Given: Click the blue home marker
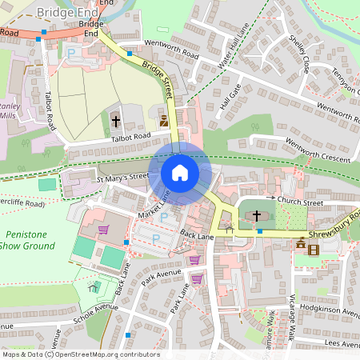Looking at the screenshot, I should [180, 173].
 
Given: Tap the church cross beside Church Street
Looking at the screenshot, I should [257, 215].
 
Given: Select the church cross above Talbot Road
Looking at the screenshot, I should [115, 122].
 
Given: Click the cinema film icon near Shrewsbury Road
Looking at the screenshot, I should [313, 250].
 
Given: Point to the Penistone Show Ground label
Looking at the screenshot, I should [28, 239].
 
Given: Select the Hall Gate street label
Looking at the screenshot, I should [230, 95].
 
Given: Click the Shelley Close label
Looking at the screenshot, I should [298, 54].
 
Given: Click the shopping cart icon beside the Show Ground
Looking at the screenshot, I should [103, 230].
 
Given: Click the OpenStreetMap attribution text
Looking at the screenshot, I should [80, 354].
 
